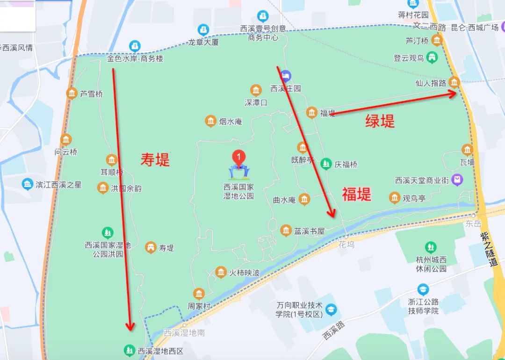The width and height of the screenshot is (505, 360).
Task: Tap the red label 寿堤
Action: tap(155, 160)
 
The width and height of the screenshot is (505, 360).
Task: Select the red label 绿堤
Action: tap(380, 121)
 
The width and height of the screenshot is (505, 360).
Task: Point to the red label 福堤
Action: tap(356, 194)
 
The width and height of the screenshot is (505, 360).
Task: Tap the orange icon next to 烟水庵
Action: tap(210, 121)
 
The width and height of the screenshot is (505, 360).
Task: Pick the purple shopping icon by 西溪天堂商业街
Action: tap(458, 180)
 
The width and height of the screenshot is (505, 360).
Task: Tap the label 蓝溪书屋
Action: tap(309, 230)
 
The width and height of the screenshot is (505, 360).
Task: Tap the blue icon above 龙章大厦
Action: tap(203, 29)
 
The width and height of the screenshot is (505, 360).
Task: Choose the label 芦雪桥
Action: tap(91, 94)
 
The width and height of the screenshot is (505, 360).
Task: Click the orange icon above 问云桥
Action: tap(66, 139)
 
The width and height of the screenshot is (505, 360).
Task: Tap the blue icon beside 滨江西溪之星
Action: tap(27, 184)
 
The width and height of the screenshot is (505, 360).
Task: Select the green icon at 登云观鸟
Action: tap(433, 58)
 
